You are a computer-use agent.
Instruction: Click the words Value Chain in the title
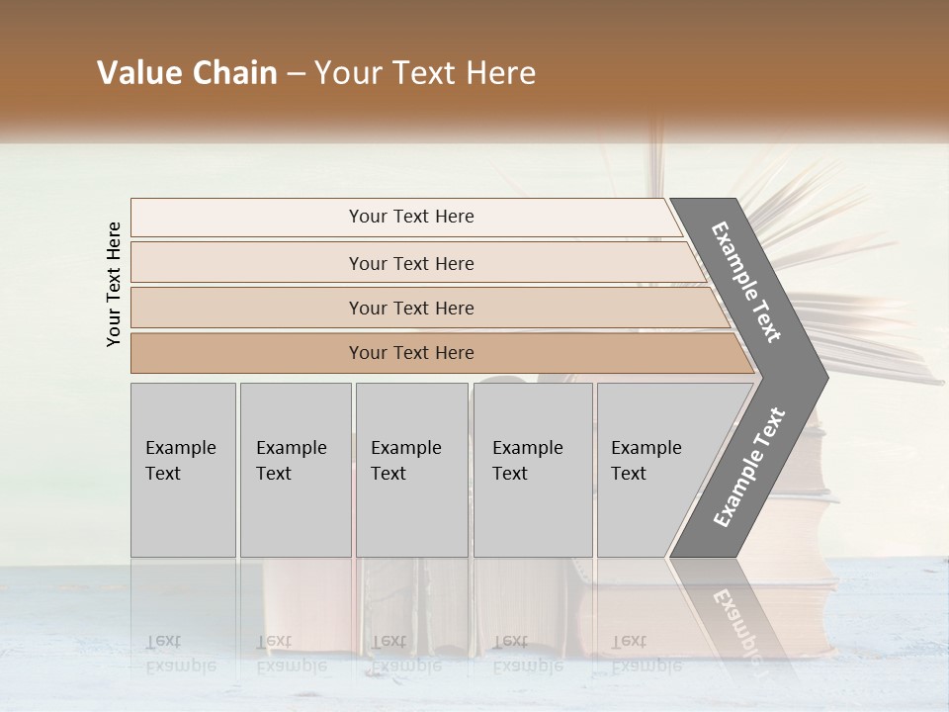coord(187,73)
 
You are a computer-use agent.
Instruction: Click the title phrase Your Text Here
coord(425,73)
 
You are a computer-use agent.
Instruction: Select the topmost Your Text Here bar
coord(411,217)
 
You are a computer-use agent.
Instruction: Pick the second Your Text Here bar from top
coord(411,263)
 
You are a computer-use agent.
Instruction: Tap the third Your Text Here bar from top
coord(411,308)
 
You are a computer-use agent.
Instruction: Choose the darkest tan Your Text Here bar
coord(411,353)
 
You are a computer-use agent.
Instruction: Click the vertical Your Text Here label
coord(114,284)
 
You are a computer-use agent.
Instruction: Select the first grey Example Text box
coord(183,470)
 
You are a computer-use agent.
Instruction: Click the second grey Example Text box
coord(295,470)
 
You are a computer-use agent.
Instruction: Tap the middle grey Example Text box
coord(411,470)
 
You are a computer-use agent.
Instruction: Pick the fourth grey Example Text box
coord(532,470)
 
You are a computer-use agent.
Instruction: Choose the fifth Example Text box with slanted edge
coord(652,470)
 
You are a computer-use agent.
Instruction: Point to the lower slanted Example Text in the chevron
coord(749,468)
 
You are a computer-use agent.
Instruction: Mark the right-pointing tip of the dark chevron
coord(826,377)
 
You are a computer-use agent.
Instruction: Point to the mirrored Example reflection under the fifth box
coord(647,666)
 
